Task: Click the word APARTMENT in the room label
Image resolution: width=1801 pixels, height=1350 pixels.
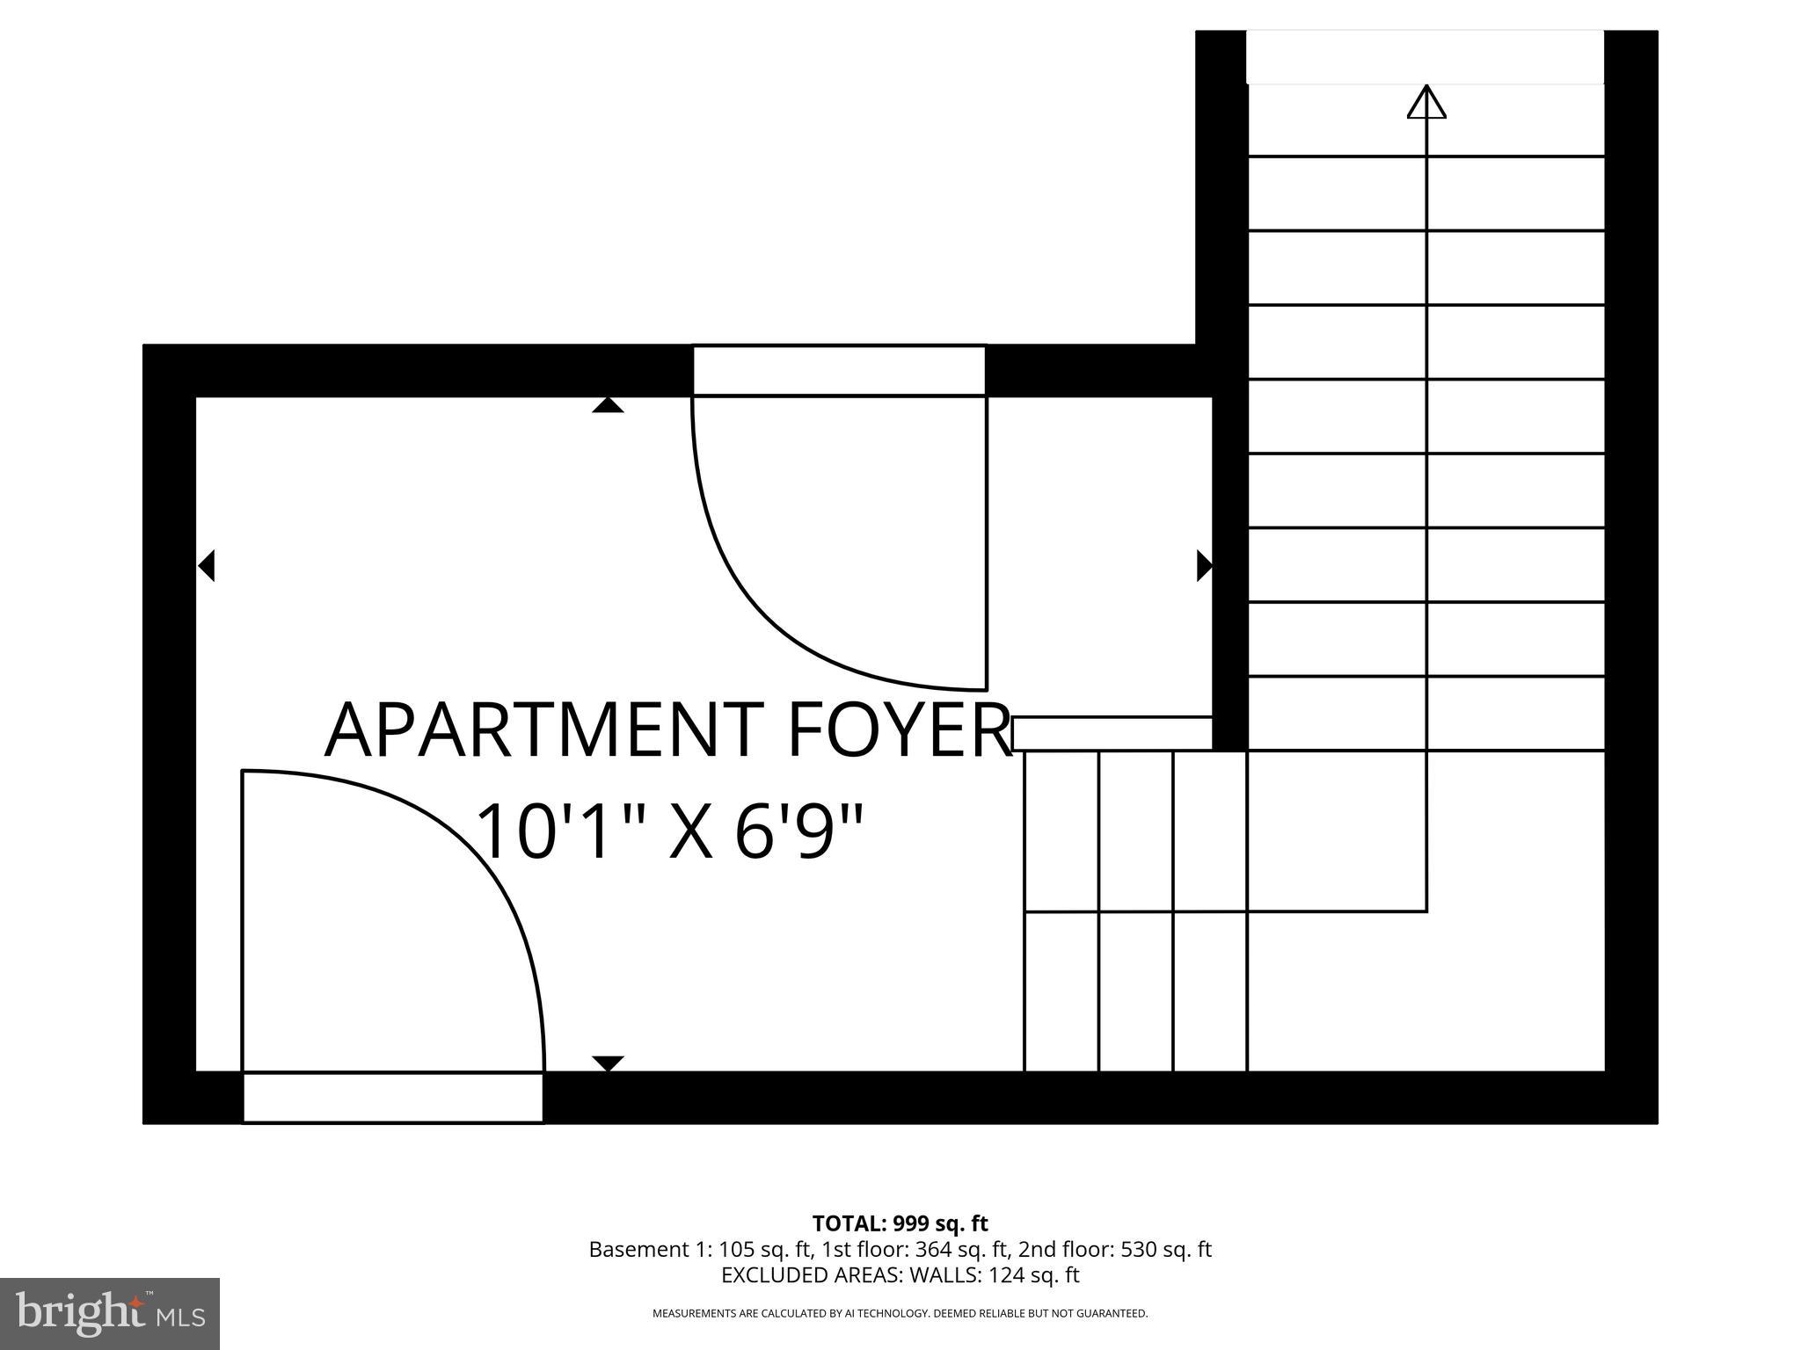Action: point(543,730)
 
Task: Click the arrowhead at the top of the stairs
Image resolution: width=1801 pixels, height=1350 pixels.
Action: point(1425,102)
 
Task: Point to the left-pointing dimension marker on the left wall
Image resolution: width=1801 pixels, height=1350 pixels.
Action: point(207,565)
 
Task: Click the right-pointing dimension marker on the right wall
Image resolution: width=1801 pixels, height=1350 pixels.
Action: point(1204,565)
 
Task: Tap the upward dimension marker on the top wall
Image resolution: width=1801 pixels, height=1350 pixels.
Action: point(608,405)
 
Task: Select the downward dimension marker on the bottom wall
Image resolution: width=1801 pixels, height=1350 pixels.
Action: point(608,1063)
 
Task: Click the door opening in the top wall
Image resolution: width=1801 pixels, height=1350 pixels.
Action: point(839,371)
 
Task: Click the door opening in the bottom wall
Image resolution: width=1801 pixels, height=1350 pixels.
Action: point(392,1097)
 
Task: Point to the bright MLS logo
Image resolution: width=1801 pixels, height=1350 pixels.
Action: point(109,1313)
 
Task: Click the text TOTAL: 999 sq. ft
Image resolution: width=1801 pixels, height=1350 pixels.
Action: point(900,1223)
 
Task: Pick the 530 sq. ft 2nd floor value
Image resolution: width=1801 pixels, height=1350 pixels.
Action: point(1166,1250)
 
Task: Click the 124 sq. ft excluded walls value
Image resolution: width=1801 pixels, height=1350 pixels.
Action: point(1033,1275)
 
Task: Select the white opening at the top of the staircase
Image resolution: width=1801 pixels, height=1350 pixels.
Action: point(1425,57)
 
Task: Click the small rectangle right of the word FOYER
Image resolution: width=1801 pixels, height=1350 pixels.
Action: point(1112,734)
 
